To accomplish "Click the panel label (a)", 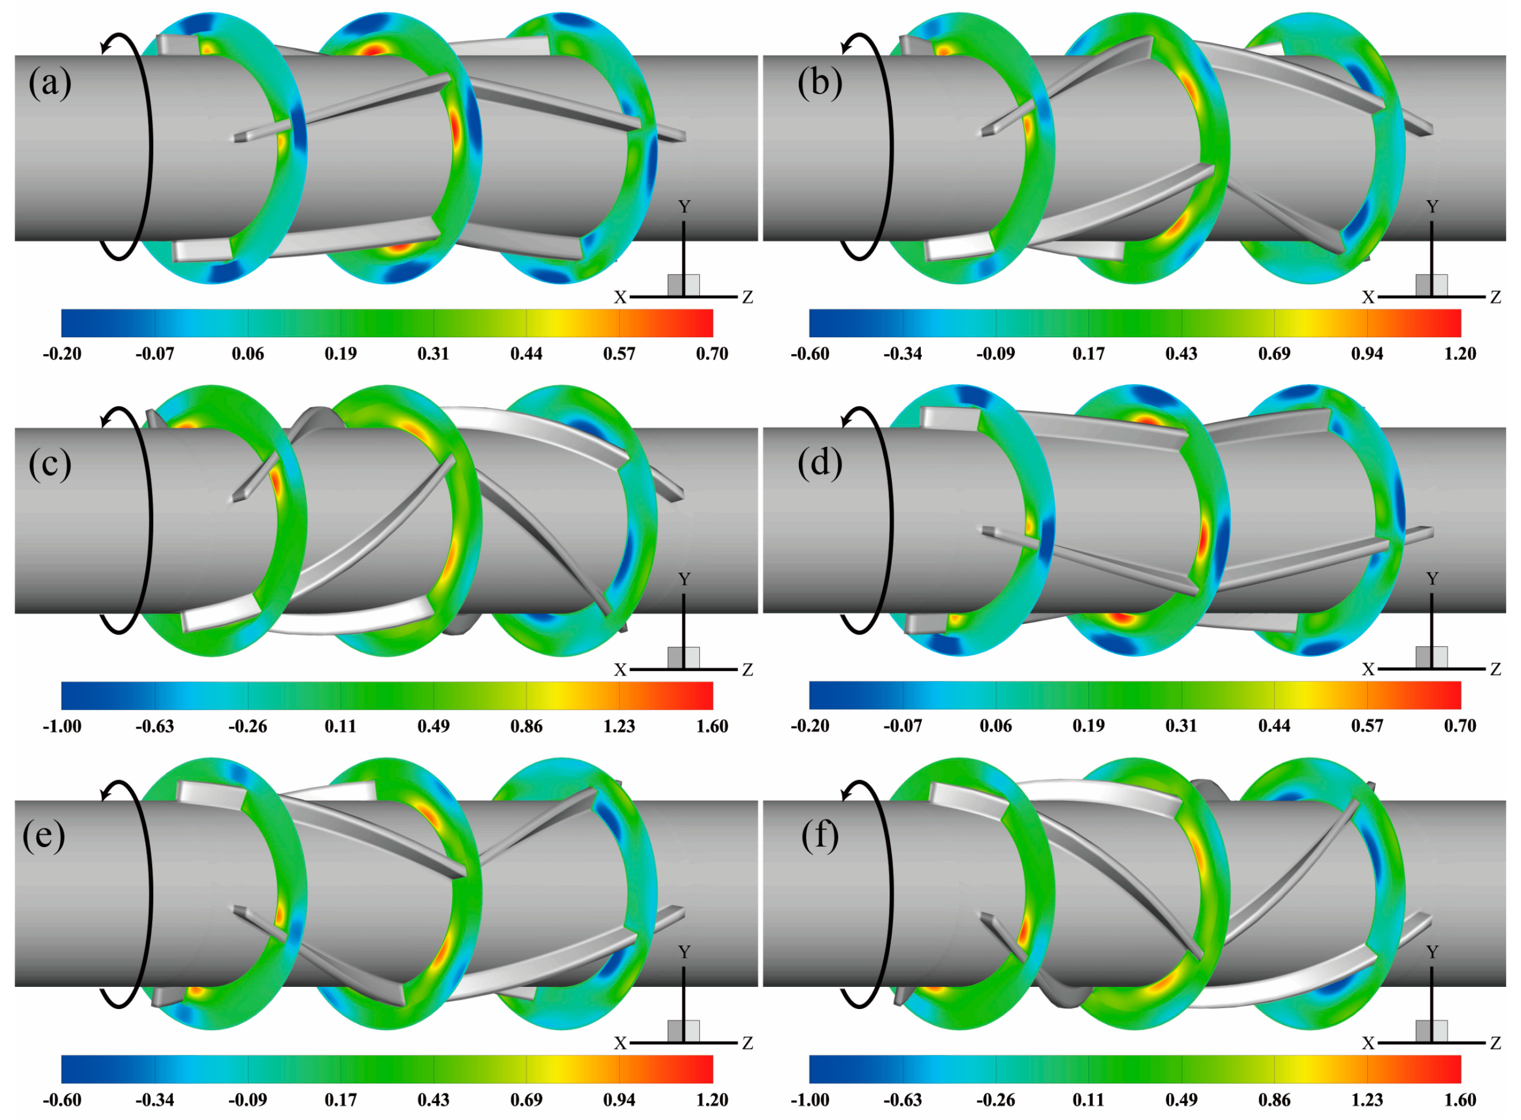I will [49, 84].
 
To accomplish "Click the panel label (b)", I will [820, 84].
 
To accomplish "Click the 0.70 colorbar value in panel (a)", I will [712, 354].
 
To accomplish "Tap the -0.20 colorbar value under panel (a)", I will [62, 354].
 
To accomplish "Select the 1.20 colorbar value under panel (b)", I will [1460, 354].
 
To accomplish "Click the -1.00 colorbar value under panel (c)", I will [62, 727].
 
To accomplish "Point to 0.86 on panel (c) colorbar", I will [526, 727].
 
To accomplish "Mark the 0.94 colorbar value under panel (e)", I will [619, 1099].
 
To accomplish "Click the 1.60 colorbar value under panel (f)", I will [1460, 1099].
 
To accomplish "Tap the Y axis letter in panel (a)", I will [684, 207].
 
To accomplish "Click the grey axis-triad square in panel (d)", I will [1432, 657].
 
